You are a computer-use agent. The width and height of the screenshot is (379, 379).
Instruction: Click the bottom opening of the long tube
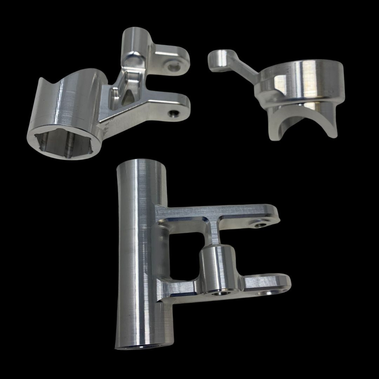[x=144, y=347]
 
